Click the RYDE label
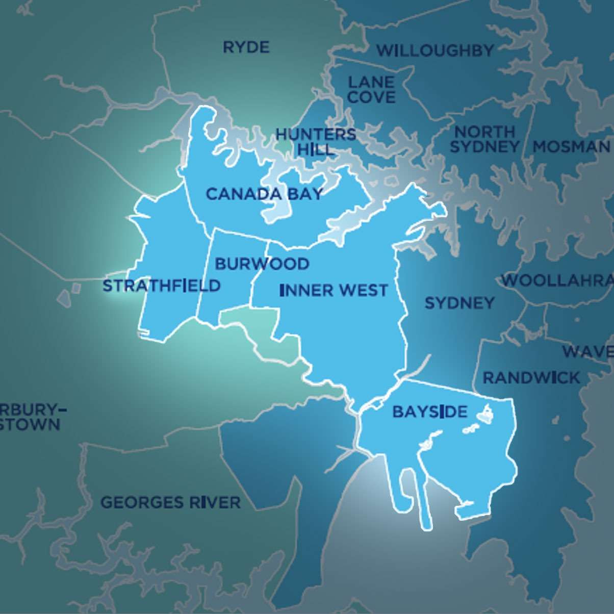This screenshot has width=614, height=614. pyautogui.click(x=246, y=47)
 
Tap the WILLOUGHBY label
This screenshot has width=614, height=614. pyautogui.click(x=435, y=50)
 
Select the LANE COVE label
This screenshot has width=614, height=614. pyautogui.click(x=371, y=89)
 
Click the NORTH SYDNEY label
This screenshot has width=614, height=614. pyautogui.click(x=484, y=139)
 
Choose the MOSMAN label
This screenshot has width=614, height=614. pyautogui.click(x=571, y=147)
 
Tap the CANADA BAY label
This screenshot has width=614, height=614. pyautogui.click(x=264, y=194)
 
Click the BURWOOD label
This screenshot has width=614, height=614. pyautogui.click(x=262, y=264)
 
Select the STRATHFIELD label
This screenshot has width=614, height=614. pyautogui.click(x=162, y=286)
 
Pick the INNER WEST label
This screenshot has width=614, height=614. pyautogui.click(x=334, y=290)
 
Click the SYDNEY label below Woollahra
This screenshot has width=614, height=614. pyautogui.click(x=459, y=303)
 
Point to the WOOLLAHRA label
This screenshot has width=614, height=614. pyautogui.click(x=557, y=280)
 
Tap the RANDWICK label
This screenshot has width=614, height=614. pyautogui.click(x=531, y=378)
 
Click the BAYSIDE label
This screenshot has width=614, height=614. pyautogui.click(x=429, y=412)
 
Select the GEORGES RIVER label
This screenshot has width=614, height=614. pyautogui.click(x=170, y=502)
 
